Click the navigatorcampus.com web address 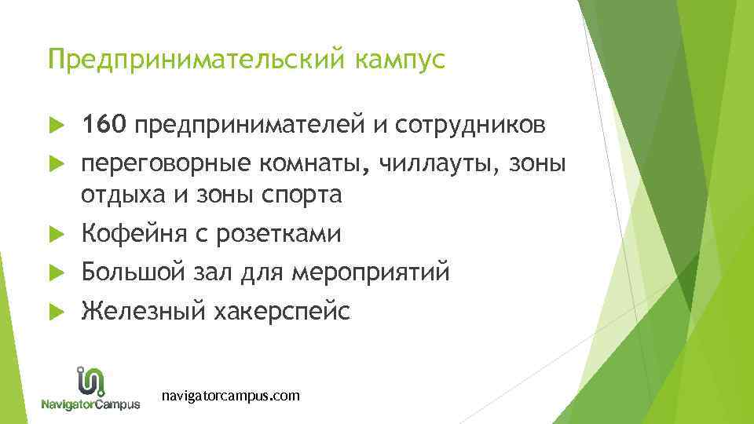[230, 396]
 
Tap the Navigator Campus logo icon [91, 381]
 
